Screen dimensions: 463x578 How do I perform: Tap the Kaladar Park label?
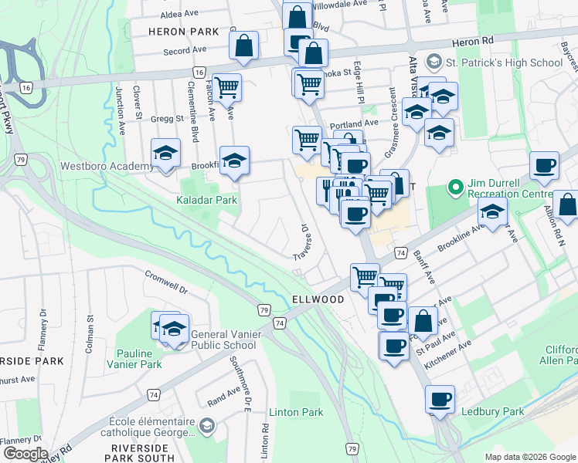pyautogui.click(x=208, y=201)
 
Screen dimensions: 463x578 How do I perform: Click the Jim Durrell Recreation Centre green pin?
pyautogui.click(x=456, y=188)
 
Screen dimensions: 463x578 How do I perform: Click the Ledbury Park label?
pyautogui.click(x=492, y=412)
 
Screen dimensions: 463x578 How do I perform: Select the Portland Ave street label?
pyautogui.click(x=355, y=123)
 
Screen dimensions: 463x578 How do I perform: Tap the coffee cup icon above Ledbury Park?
pyautogui.click(x=440, y=399)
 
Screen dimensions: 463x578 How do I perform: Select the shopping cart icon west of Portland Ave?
pyautogui.click(x=307, y=140)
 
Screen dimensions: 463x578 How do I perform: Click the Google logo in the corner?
pyautogui.click(x=25, y=454)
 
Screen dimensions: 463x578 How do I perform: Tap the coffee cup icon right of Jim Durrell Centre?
pyautogui.click(x=544, y=165)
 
